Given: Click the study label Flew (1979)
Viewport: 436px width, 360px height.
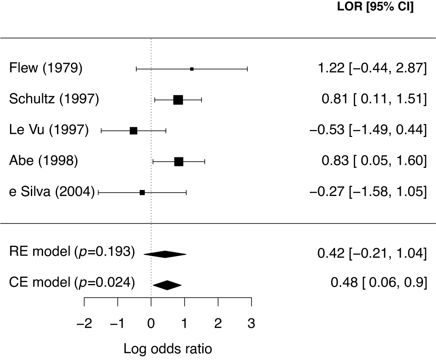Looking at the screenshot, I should [x=45, y=69].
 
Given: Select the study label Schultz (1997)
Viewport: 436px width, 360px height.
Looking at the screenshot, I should [x=54, y=100].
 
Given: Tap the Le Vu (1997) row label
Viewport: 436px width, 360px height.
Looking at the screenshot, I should [x=49, y=130].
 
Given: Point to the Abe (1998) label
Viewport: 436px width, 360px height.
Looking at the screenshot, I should [x=43, y=161].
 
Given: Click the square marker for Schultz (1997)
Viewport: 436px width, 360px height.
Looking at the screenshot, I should [x=178, y=100].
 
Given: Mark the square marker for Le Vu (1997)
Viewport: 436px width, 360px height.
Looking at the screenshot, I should [x=134, y=130].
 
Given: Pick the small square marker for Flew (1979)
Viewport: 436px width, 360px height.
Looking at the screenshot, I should [x=192, y=69].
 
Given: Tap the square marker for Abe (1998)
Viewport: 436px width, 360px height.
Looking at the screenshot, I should [x=178, y=161].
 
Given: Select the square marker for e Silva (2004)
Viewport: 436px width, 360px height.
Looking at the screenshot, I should [x=142, y=192].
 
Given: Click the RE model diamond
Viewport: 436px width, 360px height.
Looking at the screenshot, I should [x=165, y=254].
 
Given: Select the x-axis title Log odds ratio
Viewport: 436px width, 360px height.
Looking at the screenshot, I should [x=168, y=348].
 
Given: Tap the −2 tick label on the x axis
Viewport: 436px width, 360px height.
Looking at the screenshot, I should [x=84, y=324].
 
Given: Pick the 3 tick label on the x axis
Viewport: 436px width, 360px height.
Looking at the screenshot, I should [x=251, y=324].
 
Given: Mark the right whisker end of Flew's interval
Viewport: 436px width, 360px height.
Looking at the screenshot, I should [x=247, y=69].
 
